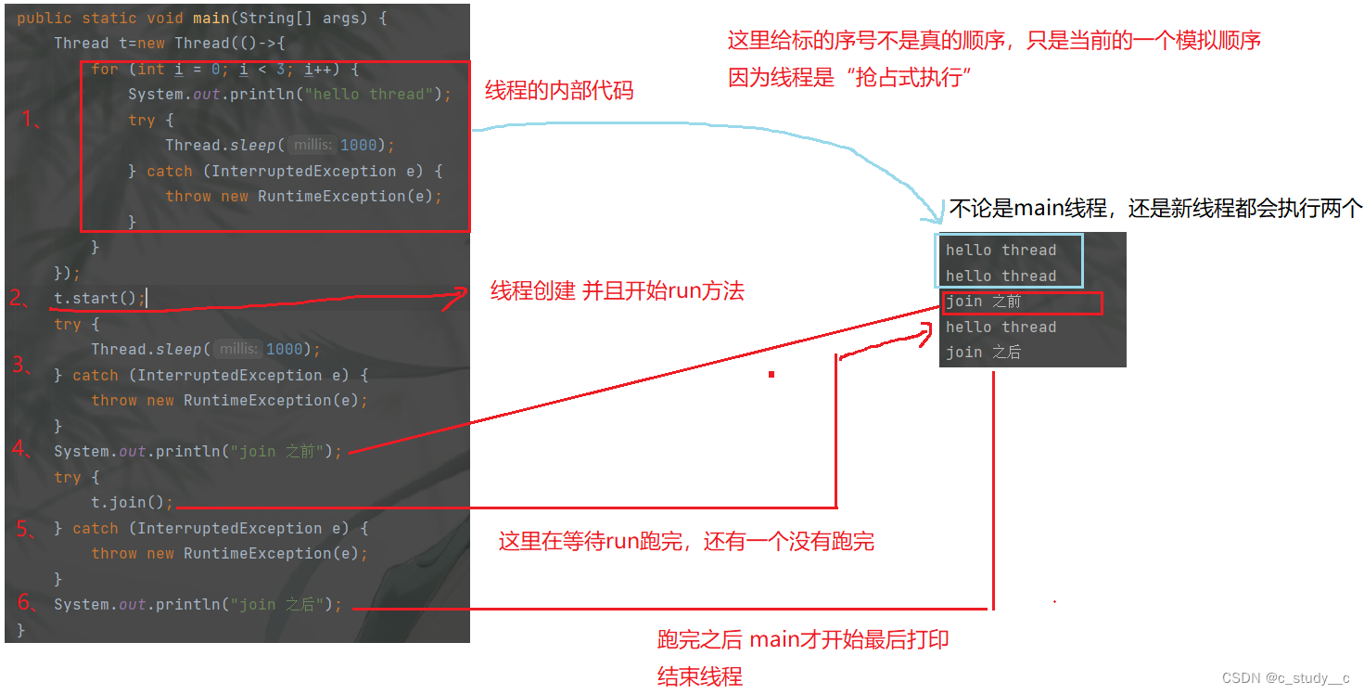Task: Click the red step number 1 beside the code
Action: coord(30,118)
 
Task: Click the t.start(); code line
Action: coord(99,298)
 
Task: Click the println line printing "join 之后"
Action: coord(198,604)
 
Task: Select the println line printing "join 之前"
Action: coord(198,451)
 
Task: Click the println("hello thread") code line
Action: coord(288,94)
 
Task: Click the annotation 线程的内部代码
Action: coord(559,91)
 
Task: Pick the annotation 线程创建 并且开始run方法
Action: coord(617,291)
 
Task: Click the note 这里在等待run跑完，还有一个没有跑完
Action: coord(686,541)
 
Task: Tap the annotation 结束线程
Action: coord(699,676)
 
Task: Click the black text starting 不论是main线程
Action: coord(1155,209)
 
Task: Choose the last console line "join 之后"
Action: coord(984,353)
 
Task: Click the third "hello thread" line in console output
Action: coord(1001,327)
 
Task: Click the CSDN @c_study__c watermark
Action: coord(1285,677)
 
